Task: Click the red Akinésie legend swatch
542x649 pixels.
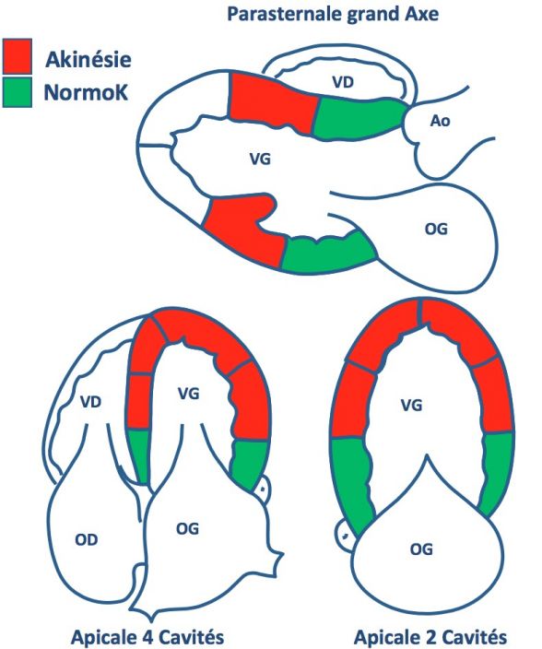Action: [x=17, y=56]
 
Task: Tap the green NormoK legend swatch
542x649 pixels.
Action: [x=17, y=92]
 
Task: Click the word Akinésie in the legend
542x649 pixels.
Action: [x=88, y=59]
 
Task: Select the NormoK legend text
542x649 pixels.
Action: [x=86, y=92]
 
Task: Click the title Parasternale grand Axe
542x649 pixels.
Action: [x=333, y=14]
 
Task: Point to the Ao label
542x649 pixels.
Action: [x=440, y=121]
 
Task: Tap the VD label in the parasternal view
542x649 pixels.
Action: [x=343, y=82]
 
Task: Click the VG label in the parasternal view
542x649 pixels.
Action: [x=260, y=159]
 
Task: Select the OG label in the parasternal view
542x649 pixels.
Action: [x=436, y=229]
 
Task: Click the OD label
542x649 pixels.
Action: [x=87, y=539]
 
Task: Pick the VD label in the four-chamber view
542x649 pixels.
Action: [x=90, y=402]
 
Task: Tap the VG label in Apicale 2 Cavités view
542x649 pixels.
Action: [x=411, y=405]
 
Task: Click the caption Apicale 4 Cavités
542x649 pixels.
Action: [x=148, y=637]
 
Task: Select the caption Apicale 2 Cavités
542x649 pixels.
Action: [x=430, y=637]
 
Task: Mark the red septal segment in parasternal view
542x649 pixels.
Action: [x=272, y=102]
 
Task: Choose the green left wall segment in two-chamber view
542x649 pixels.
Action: [x=352, y=480]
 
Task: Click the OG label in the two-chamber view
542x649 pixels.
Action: [x=421, y=549]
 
